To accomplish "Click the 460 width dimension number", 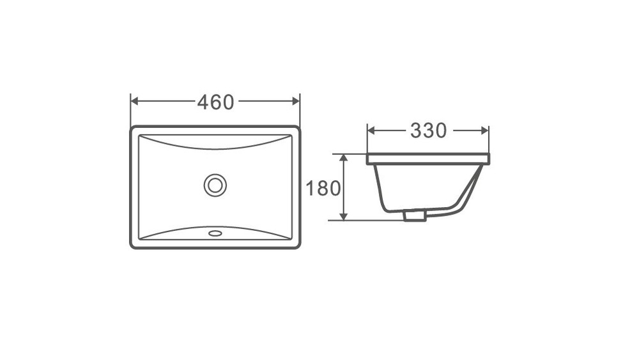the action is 215,102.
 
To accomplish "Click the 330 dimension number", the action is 428,130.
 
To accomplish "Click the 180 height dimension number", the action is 323,189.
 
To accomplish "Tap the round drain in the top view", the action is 215,185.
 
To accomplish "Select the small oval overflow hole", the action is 215,233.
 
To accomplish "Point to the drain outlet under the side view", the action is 415,215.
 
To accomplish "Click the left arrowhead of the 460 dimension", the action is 134,101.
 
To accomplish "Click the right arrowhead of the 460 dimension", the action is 296,101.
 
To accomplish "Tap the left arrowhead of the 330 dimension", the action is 371,130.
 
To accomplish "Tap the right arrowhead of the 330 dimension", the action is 484,130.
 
